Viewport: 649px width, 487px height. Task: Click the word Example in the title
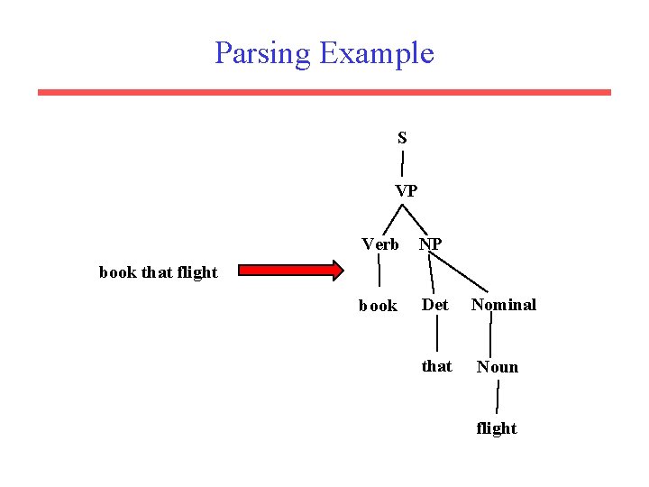[x=377, y=54]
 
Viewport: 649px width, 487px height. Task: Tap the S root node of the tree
[x=402, y=138]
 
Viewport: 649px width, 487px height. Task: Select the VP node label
[x=406, y=191]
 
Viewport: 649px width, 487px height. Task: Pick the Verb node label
[x=380, y=244]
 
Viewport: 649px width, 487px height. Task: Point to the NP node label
[x=430, y=244]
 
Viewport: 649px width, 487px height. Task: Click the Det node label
[x=435, y=305]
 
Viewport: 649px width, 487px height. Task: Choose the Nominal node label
[x=503, y=305]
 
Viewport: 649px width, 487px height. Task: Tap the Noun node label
[x=498, y=366]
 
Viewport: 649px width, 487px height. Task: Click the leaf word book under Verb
[x=378, y=306]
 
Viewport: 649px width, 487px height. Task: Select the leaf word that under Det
[x=437, y=366]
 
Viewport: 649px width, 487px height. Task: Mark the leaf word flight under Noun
[x=497, y=428]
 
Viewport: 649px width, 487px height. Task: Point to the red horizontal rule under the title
[x=324, y=92]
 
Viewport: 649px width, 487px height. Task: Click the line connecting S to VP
[x=402, y=164]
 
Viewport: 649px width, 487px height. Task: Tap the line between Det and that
[x=437, y=335]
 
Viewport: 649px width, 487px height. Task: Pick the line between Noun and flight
[x=498, y=397]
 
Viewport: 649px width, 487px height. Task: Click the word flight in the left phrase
[x=197, y=272]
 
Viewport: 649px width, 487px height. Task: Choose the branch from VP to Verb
[x=390, y=219]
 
